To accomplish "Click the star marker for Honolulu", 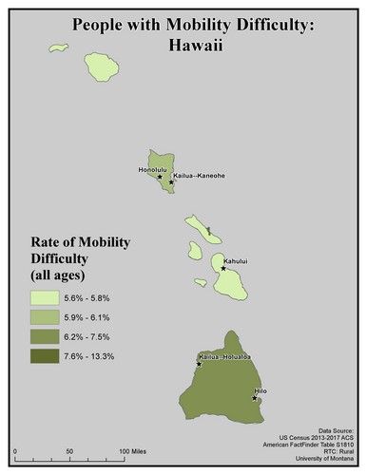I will coord(160,176).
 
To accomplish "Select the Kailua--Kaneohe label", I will coord(196,175).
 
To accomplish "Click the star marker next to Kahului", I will coord(223,268).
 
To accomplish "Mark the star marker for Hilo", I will coord(255,398).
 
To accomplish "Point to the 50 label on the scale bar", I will coord(68,448).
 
